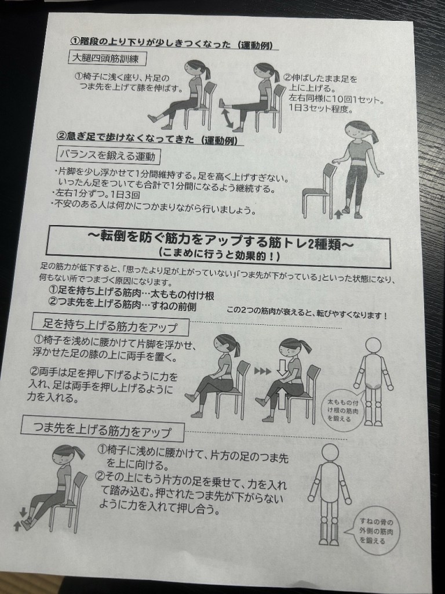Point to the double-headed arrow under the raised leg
pos(228,117)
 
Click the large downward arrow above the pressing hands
pos(282,368)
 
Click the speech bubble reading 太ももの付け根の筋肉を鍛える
pos(343,410)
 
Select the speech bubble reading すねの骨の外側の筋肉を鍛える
pos(375,531)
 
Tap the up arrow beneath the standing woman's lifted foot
pos(338,215)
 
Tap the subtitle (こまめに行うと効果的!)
pos(220,253)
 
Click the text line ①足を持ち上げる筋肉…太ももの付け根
pos(132,292)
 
